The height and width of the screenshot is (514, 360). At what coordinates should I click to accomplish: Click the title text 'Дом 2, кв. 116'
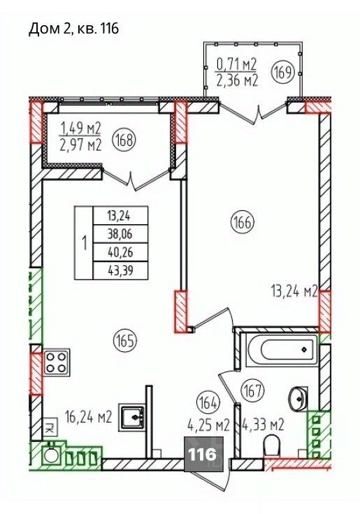pos(74,29)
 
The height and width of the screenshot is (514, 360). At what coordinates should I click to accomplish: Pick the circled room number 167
pos(252,390)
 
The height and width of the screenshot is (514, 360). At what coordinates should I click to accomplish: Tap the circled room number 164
pos(208,403)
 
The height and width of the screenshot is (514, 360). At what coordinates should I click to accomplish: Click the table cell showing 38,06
pos(120,234)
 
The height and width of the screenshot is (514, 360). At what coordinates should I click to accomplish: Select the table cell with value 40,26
pos(120,252)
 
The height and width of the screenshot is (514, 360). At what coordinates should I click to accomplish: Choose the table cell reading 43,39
pos(120,270)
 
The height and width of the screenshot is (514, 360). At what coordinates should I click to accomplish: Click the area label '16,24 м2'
pos(89,418)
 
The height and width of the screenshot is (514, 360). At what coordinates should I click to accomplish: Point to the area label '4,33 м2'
pos(263,425)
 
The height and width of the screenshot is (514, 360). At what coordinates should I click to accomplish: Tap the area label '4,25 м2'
pos(208,425)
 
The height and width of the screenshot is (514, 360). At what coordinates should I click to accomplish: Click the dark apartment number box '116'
pos(204,455)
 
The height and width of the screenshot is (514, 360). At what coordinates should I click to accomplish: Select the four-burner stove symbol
pos(56,363)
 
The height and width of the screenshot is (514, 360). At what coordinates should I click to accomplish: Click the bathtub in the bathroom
pos(282,350)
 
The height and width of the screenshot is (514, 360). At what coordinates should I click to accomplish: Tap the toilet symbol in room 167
pos(271,445)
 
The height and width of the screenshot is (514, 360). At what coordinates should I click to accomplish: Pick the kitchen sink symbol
pos(133,417)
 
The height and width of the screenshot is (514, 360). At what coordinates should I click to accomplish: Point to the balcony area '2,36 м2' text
pos(237,80)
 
